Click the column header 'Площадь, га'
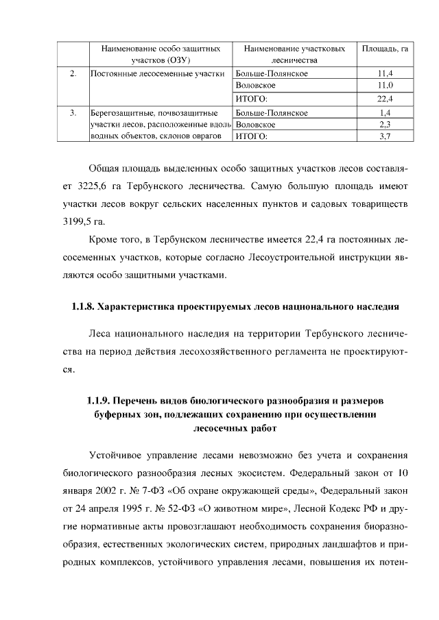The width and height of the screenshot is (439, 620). click(385, 49)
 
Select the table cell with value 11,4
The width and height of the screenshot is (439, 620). click(385, 73)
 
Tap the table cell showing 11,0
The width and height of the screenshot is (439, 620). click(385, 86)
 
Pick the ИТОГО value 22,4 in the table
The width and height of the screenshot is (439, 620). click(385, 99)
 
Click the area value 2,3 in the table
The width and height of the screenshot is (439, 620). click(385, 125)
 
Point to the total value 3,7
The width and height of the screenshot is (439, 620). click(385, 136)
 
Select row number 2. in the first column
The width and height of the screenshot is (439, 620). click(73, 73)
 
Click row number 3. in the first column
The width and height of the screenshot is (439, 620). click(73, 112)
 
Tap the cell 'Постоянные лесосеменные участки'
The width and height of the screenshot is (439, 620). click(158, 73)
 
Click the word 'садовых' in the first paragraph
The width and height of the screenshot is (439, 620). click(333, 204)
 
